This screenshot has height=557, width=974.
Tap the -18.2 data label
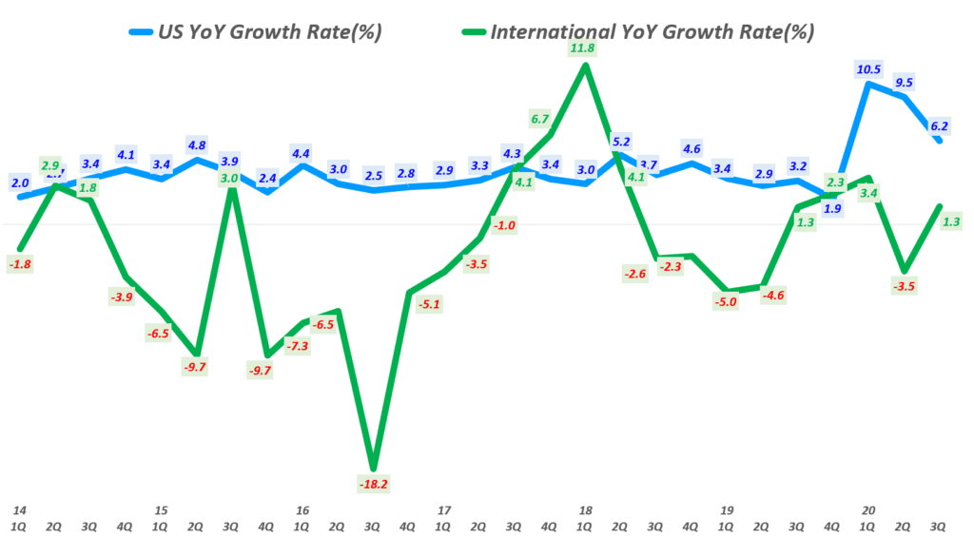[374, 484]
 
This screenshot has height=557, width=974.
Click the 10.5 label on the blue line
[868, 68]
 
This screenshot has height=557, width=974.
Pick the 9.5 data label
[904, 82]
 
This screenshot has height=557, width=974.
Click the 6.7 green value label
[540, 119]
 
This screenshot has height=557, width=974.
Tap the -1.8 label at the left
[19, 264]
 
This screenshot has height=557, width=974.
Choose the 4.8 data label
[197, 145]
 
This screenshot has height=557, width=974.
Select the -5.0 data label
[727, 302]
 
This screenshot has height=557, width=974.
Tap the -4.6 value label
[774, 296]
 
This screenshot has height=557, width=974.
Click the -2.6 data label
[634, 275]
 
